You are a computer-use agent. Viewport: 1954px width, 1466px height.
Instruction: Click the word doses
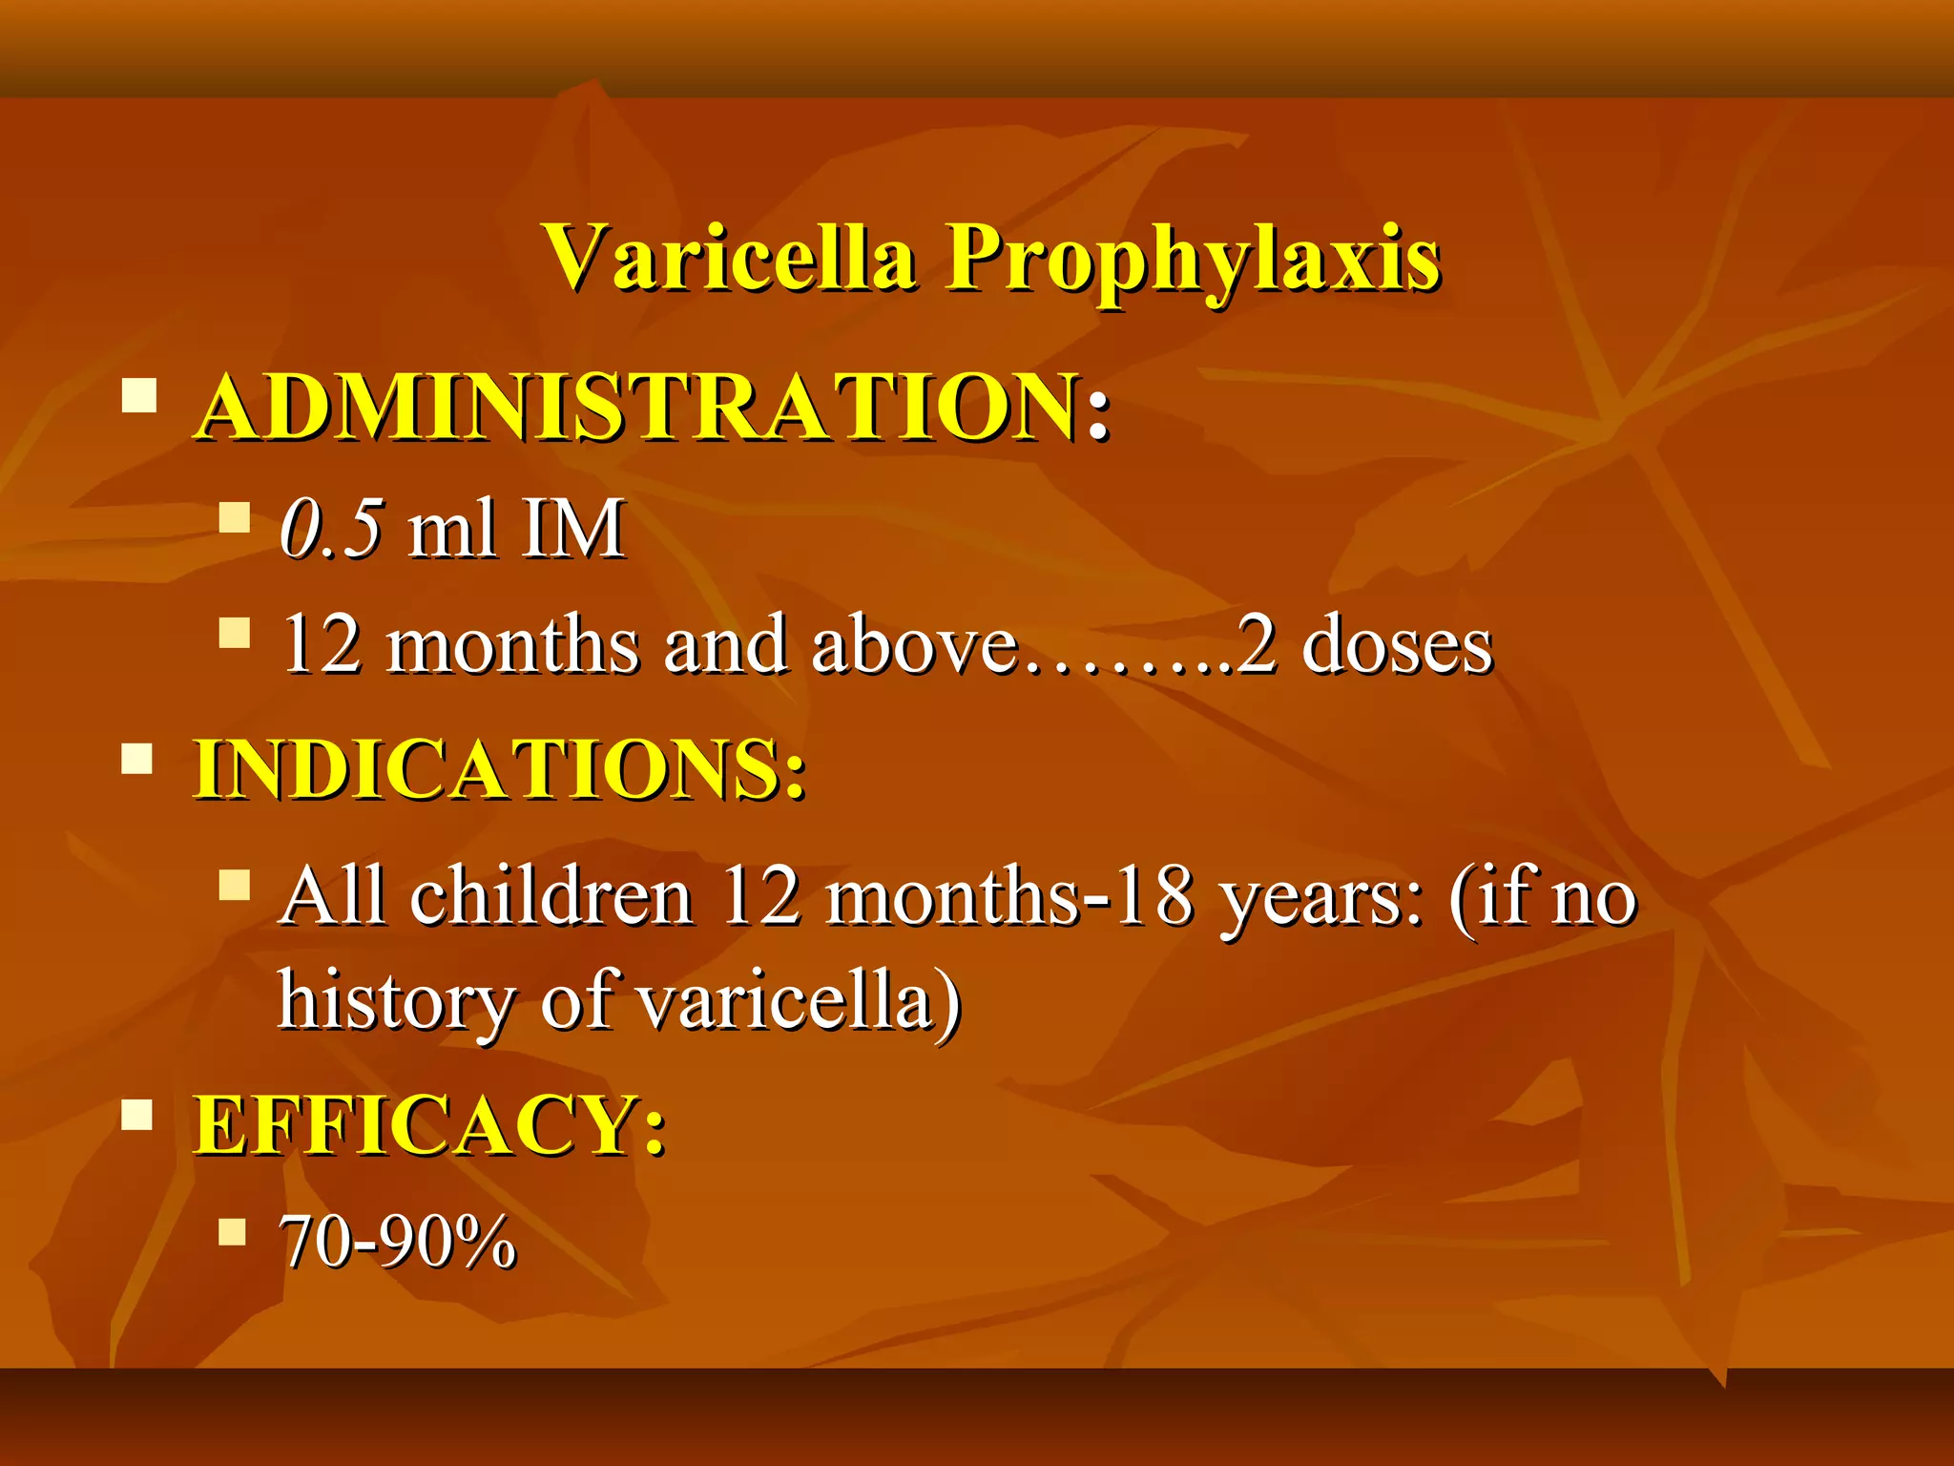[x=1397, y=646]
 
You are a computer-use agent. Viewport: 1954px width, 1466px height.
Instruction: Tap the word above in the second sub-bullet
[x=914, y=646]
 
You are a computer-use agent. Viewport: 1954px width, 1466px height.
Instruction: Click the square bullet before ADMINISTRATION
[x=139, y=395]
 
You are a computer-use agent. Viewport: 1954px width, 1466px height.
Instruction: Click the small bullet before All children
[x=234, y=885]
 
